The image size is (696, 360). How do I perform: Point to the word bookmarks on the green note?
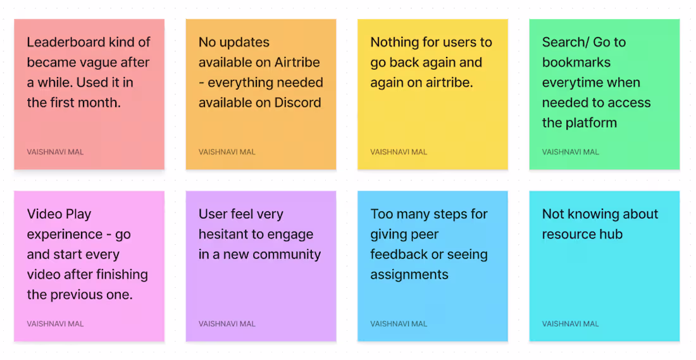[568, 63]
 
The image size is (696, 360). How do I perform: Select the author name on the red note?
[55, 152]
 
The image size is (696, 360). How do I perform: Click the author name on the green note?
[570, 152]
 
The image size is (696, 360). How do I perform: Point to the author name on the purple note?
[227, 324]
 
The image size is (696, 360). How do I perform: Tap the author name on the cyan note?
[570, 324]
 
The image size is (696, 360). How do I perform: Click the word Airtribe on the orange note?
[297, 63]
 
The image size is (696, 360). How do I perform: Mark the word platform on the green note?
[592, 123]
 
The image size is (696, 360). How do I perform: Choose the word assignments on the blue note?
[409, 275]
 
